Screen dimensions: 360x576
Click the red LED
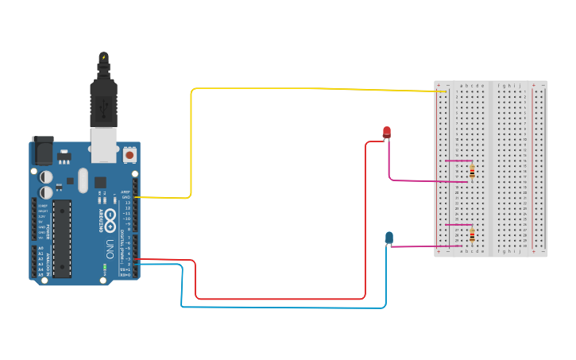pos(387,131)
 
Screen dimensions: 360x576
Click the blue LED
pos(389,237)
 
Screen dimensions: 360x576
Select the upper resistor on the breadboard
pos(473,171)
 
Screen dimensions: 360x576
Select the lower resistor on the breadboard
pos(473,235)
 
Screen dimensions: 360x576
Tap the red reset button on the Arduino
pos(130,156)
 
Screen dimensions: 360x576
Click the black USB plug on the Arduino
pos(103,99)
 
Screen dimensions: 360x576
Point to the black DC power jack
pos(41,150)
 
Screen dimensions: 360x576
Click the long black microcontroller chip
pos(62,238)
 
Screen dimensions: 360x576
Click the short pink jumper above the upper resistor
pos(458,161)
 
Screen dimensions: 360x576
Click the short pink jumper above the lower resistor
pos(458,225)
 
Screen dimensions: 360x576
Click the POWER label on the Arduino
pos(48,231)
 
